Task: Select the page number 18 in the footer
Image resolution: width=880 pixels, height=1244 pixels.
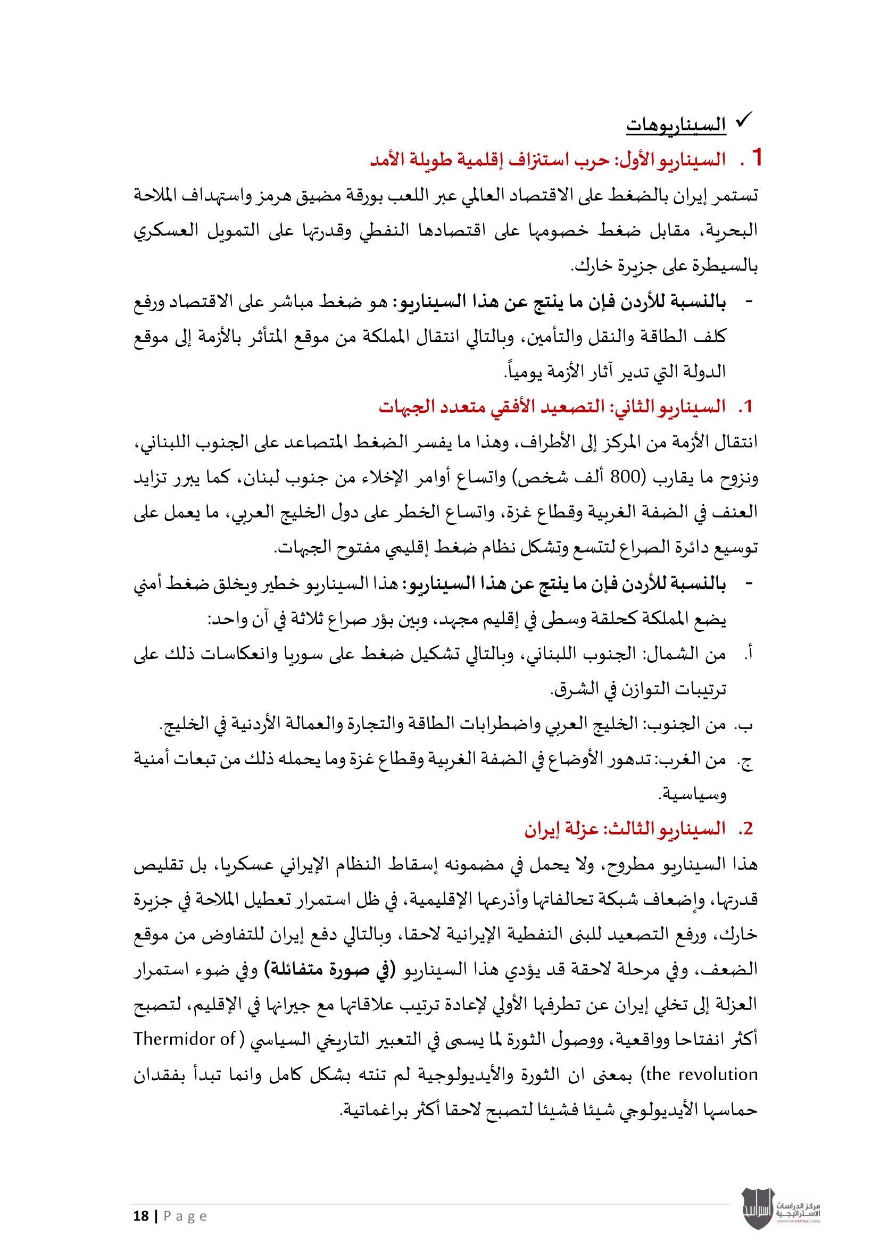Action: [x=141, y=1216]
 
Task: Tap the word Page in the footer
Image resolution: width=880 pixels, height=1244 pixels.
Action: [x=185, y=1216]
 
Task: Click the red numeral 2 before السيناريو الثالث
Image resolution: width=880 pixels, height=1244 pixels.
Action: [x=748, y=829]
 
